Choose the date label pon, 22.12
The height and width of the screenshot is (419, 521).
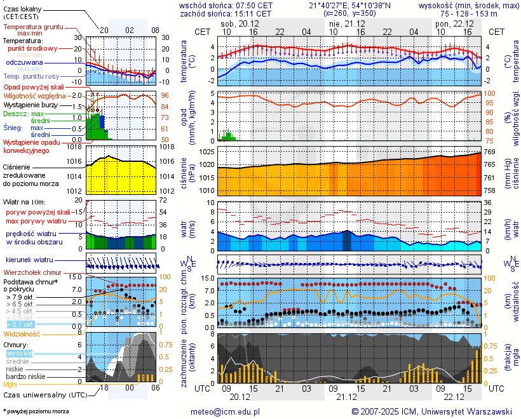coord(454,23)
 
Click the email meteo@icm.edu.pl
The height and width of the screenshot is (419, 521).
coord(226,411)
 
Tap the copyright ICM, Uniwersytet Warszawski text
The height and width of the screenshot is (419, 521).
coord(432,411)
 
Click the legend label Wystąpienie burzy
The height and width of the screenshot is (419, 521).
coord(29,104)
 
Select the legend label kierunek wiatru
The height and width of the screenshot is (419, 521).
coord(29,260)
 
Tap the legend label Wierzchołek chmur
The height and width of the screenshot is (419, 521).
coord(32,272)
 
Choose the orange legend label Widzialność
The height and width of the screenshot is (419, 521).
coord(22,333)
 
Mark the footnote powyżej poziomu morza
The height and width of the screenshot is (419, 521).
coord(36,411)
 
